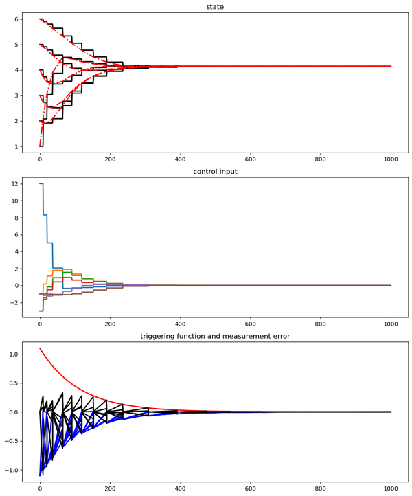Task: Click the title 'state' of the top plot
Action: [x=215, y=7]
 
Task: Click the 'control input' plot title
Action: [x=215, y=172]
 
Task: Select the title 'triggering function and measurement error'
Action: [x=215, y=336]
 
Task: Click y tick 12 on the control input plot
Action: [x=12, y=184]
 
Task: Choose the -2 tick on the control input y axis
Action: [x=12, y=302]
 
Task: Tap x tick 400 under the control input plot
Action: [x=180, y=324]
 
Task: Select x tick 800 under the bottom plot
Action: [x=321, y=488]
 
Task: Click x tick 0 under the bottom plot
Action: [x=40, y=488]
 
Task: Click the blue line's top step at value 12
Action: [x=41, y=184]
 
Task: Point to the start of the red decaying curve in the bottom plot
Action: [x=40, y=348]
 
